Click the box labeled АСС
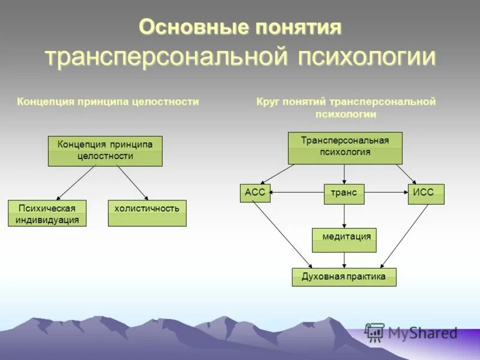coord(255,194)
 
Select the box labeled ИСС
coord(426,194)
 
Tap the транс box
coord(344,194)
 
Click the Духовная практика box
coord(344,277)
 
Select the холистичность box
coord(147,213)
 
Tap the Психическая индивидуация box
coord(47,213)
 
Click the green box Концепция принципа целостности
coord(105,151)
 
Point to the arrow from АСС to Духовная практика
coord(282,234)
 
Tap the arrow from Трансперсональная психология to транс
coord(344,174)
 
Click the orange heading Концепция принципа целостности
coord(107,101)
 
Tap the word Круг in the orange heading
coord(268,101)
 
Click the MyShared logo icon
coord(375,332)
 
